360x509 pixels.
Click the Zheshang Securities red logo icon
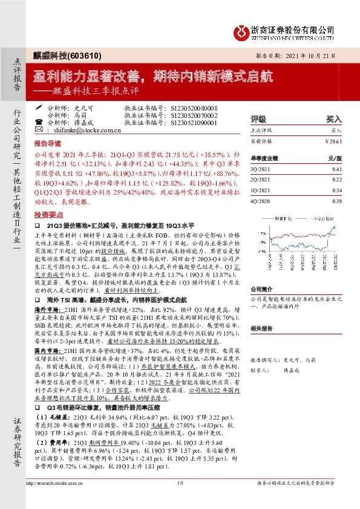[x=241, y=31]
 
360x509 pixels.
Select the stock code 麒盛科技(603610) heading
[x=59, y=54]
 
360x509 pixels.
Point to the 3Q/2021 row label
[x=261, y=170]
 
